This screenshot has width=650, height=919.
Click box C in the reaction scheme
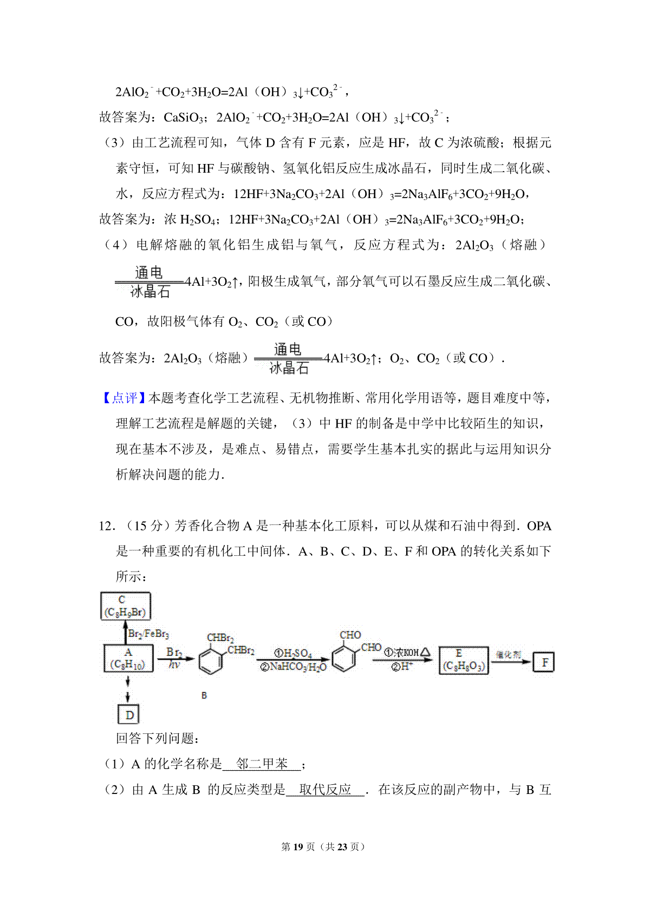click(126, 606)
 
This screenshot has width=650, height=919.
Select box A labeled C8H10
click(128, 658)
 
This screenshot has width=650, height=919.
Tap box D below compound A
click(129, 715)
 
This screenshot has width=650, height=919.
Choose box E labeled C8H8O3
click(463, 660)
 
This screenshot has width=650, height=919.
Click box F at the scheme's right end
click(544, 662)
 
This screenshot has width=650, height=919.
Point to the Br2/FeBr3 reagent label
click(148, 633)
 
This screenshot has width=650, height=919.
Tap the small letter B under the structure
click(204, 695)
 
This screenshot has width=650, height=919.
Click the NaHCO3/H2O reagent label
click(293, 667)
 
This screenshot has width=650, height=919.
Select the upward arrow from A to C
click(125, 632)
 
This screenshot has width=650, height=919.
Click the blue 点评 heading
click(124, 398)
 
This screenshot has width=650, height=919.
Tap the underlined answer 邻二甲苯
click(262, 764)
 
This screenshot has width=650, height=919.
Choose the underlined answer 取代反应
click(325, 790)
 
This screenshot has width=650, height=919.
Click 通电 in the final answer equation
click(288, 349)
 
